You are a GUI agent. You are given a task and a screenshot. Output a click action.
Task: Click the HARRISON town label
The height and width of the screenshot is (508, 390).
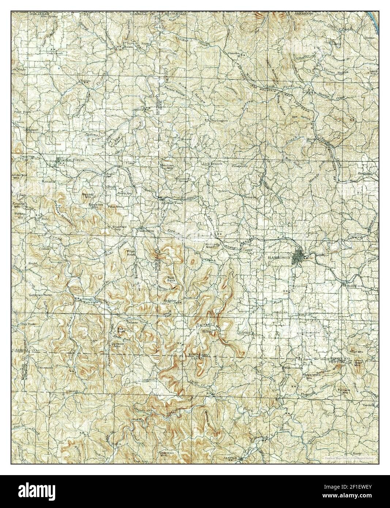click(x=279, y=257)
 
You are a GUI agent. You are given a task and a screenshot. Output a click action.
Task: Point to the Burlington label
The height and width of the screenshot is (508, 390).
click(x=218, y=120)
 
